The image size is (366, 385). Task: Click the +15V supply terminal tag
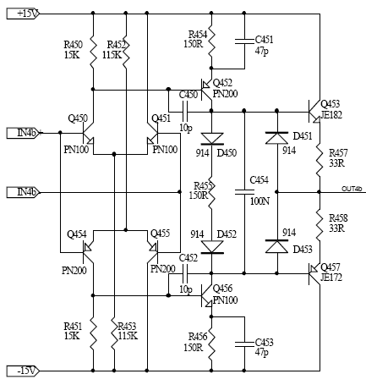pyautogui.click(x=23, y=14)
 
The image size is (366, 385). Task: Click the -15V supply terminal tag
pyautogui.click(x=23, y=371)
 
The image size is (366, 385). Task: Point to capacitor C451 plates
pyautogui.click(x=244, y=41)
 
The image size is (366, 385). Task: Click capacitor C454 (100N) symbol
pyautogui.click(x=244, y=192)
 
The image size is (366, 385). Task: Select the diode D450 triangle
pyautogui.click(x=212, y=140)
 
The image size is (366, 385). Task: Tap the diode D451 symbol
pyautogui.click(x=276, y=138)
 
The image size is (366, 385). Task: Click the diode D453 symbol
pyautogui.click(x=276, y=246)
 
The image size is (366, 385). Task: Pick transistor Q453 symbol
pyautogui.click(x=314, y=111)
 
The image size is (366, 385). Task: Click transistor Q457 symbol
pyautogui.click(x=314, y=274)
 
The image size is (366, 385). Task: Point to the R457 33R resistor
pyautogui.click(x=320, y=160)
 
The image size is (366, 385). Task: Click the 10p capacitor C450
pyautogui.click(x=185, y=111)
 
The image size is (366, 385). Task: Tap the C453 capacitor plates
pyautogui.click(x=244, y=344)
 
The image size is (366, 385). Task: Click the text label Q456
pyautogui.click(x=222, y=289)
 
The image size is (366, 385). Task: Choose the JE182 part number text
pyautogui.click(x=331, y=115)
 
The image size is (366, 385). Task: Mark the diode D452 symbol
pyautogui.click(x=212, y=247)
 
